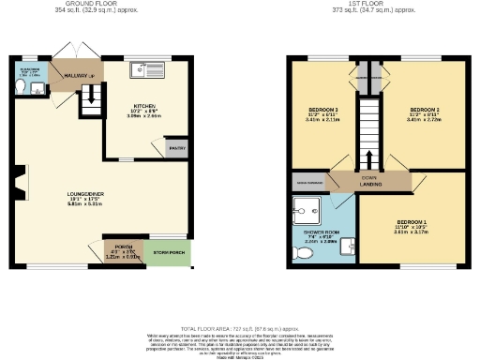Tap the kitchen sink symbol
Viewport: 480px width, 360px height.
(148, 67)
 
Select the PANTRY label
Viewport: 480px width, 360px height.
(175, 148)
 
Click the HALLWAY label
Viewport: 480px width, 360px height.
(76, 75)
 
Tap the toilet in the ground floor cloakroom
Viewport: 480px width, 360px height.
(21, 87)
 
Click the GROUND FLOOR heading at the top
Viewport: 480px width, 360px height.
(80, 4)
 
